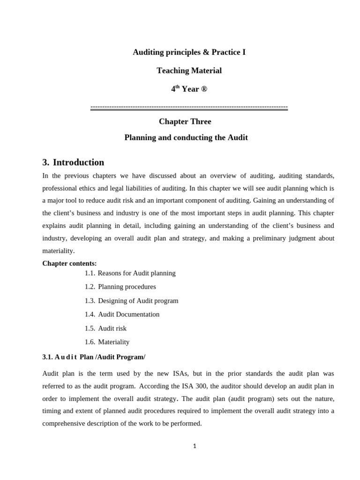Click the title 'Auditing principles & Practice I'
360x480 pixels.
tap(189, 52)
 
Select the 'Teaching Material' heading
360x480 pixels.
tap(189, 71)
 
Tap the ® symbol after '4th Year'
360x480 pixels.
tap(204, 89)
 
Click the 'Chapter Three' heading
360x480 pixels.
tap(185, 122)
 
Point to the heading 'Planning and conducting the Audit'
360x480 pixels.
tap(186, 138)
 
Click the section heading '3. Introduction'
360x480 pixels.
tap(73, 163)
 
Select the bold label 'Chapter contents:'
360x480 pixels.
tap(69, 263)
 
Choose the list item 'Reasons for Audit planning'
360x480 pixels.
tap(136, 273)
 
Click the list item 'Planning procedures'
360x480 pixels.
tap(127, 287)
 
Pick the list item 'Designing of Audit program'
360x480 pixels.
tap(138, 301)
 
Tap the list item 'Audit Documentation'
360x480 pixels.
tap(128, 315)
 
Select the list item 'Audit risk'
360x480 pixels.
tap(112, 329)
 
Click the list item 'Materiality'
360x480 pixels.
tap(113, 342)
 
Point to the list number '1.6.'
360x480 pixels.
tap(90, 342)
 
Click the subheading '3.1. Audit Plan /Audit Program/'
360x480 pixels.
tap(94, 357)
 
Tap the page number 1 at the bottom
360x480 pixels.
tap(195, 446)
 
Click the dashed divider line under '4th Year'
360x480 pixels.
tap(189, 108)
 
